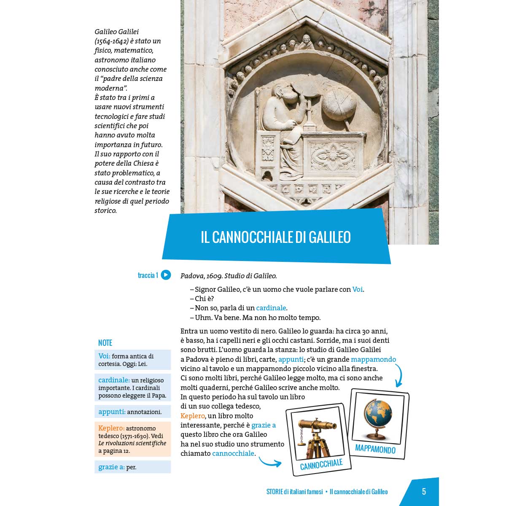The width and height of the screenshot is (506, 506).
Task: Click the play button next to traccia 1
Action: point(166,275)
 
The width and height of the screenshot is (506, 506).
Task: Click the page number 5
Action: point(424,492)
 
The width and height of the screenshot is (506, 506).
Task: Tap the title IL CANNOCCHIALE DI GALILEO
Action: point(276,237)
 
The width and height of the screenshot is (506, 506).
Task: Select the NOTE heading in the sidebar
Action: point(105,343)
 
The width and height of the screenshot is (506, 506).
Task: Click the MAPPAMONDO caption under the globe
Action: point(375,449)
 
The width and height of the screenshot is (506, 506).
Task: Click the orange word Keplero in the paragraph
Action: point(192,416)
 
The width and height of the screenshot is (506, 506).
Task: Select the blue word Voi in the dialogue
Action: point(357,289)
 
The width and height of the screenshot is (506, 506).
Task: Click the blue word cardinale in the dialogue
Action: point(271,308)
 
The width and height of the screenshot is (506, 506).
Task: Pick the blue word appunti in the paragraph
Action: point(291,359)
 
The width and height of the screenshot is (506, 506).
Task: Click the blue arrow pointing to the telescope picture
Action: point(270,463)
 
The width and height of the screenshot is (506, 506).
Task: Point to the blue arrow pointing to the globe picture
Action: point(398,375)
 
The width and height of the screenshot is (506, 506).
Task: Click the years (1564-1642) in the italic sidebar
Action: point(111,41)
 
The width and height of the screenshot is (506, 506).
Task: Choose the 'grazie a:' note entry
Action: point(117,467)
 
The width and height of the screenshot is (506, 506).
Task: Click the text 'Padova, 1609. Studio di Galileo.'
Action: point(229,276)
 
